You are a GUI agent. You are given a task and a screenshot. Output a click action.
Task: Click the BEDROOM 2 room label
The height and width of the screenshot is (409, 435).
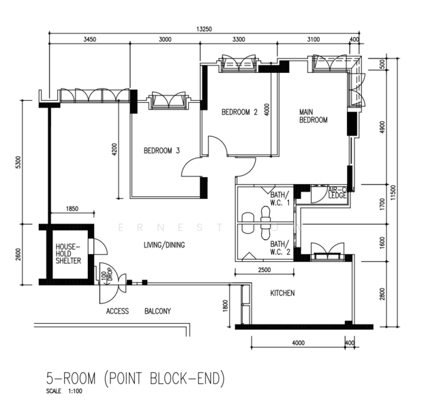tap(239, 113)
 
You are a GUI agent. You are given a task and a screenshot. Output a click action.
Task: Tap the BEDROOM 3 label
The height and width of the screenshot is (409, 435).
tap(161, 151)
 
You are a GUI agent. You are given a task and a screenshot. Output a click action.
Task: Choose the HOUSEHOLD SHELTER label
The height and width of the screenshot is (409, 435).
tap(68, 254)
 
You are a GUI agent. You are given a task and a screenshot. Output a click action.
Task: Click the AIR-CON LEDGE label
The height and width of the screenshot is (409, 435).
tap(338, 192)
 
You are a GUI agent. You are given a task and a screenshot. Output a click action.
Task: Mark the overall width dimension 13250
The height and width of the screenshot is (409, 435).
tap(204, 29)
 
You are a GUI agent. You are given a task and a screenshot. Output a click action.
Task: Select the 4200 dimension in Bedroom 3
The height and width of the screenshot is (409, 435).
tap(115, 149)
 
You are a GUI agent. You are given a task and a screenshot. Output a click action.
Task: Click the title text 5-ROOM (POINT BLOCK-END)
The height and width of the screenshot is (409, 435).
tap(135, 378)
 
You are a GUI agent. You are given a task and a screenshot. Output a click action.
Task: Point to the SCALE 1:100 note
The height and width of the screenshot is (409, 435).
tap(64, 392)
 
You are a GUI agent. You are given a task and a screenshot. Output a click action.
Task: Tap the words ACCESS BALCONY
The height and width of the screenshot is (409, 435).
tap(138, 311)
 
